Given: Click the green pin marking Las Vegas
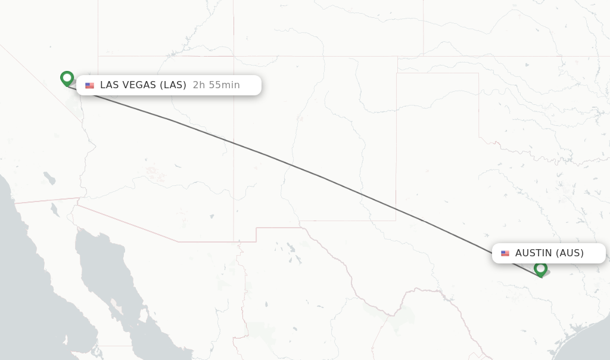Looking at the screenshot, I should [x=67, y=78].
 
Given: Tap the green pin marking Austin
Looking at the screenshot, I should [x=540, y=269].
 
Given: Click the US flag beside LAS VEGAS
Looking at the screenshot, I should [x=90, y=86].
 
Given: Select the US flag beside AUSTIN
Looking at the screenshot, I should [x=505, y=253].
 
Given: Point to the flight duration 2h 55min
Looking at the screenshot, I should [x=216, y=85].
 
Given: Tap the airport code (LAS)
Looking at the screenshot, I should [x=173, y=85].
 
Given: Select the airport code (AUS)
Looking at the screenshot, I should [x=569, y=253].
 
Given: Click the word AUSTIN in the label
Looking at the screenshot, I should [x=534, y=253].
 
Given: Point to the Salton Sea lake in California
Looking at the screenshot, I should [x=49, y=178].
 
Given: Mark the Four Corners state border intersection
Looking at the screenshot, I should [x=234, y=56].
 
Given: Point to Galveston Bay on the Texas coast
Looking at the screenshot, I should [x=577, y=327].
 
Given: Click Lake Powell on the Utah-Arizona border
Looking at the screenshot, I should [x=179, y=51].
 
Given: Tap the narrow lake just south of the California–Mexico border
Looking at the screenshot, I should [x=54, y=210].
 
